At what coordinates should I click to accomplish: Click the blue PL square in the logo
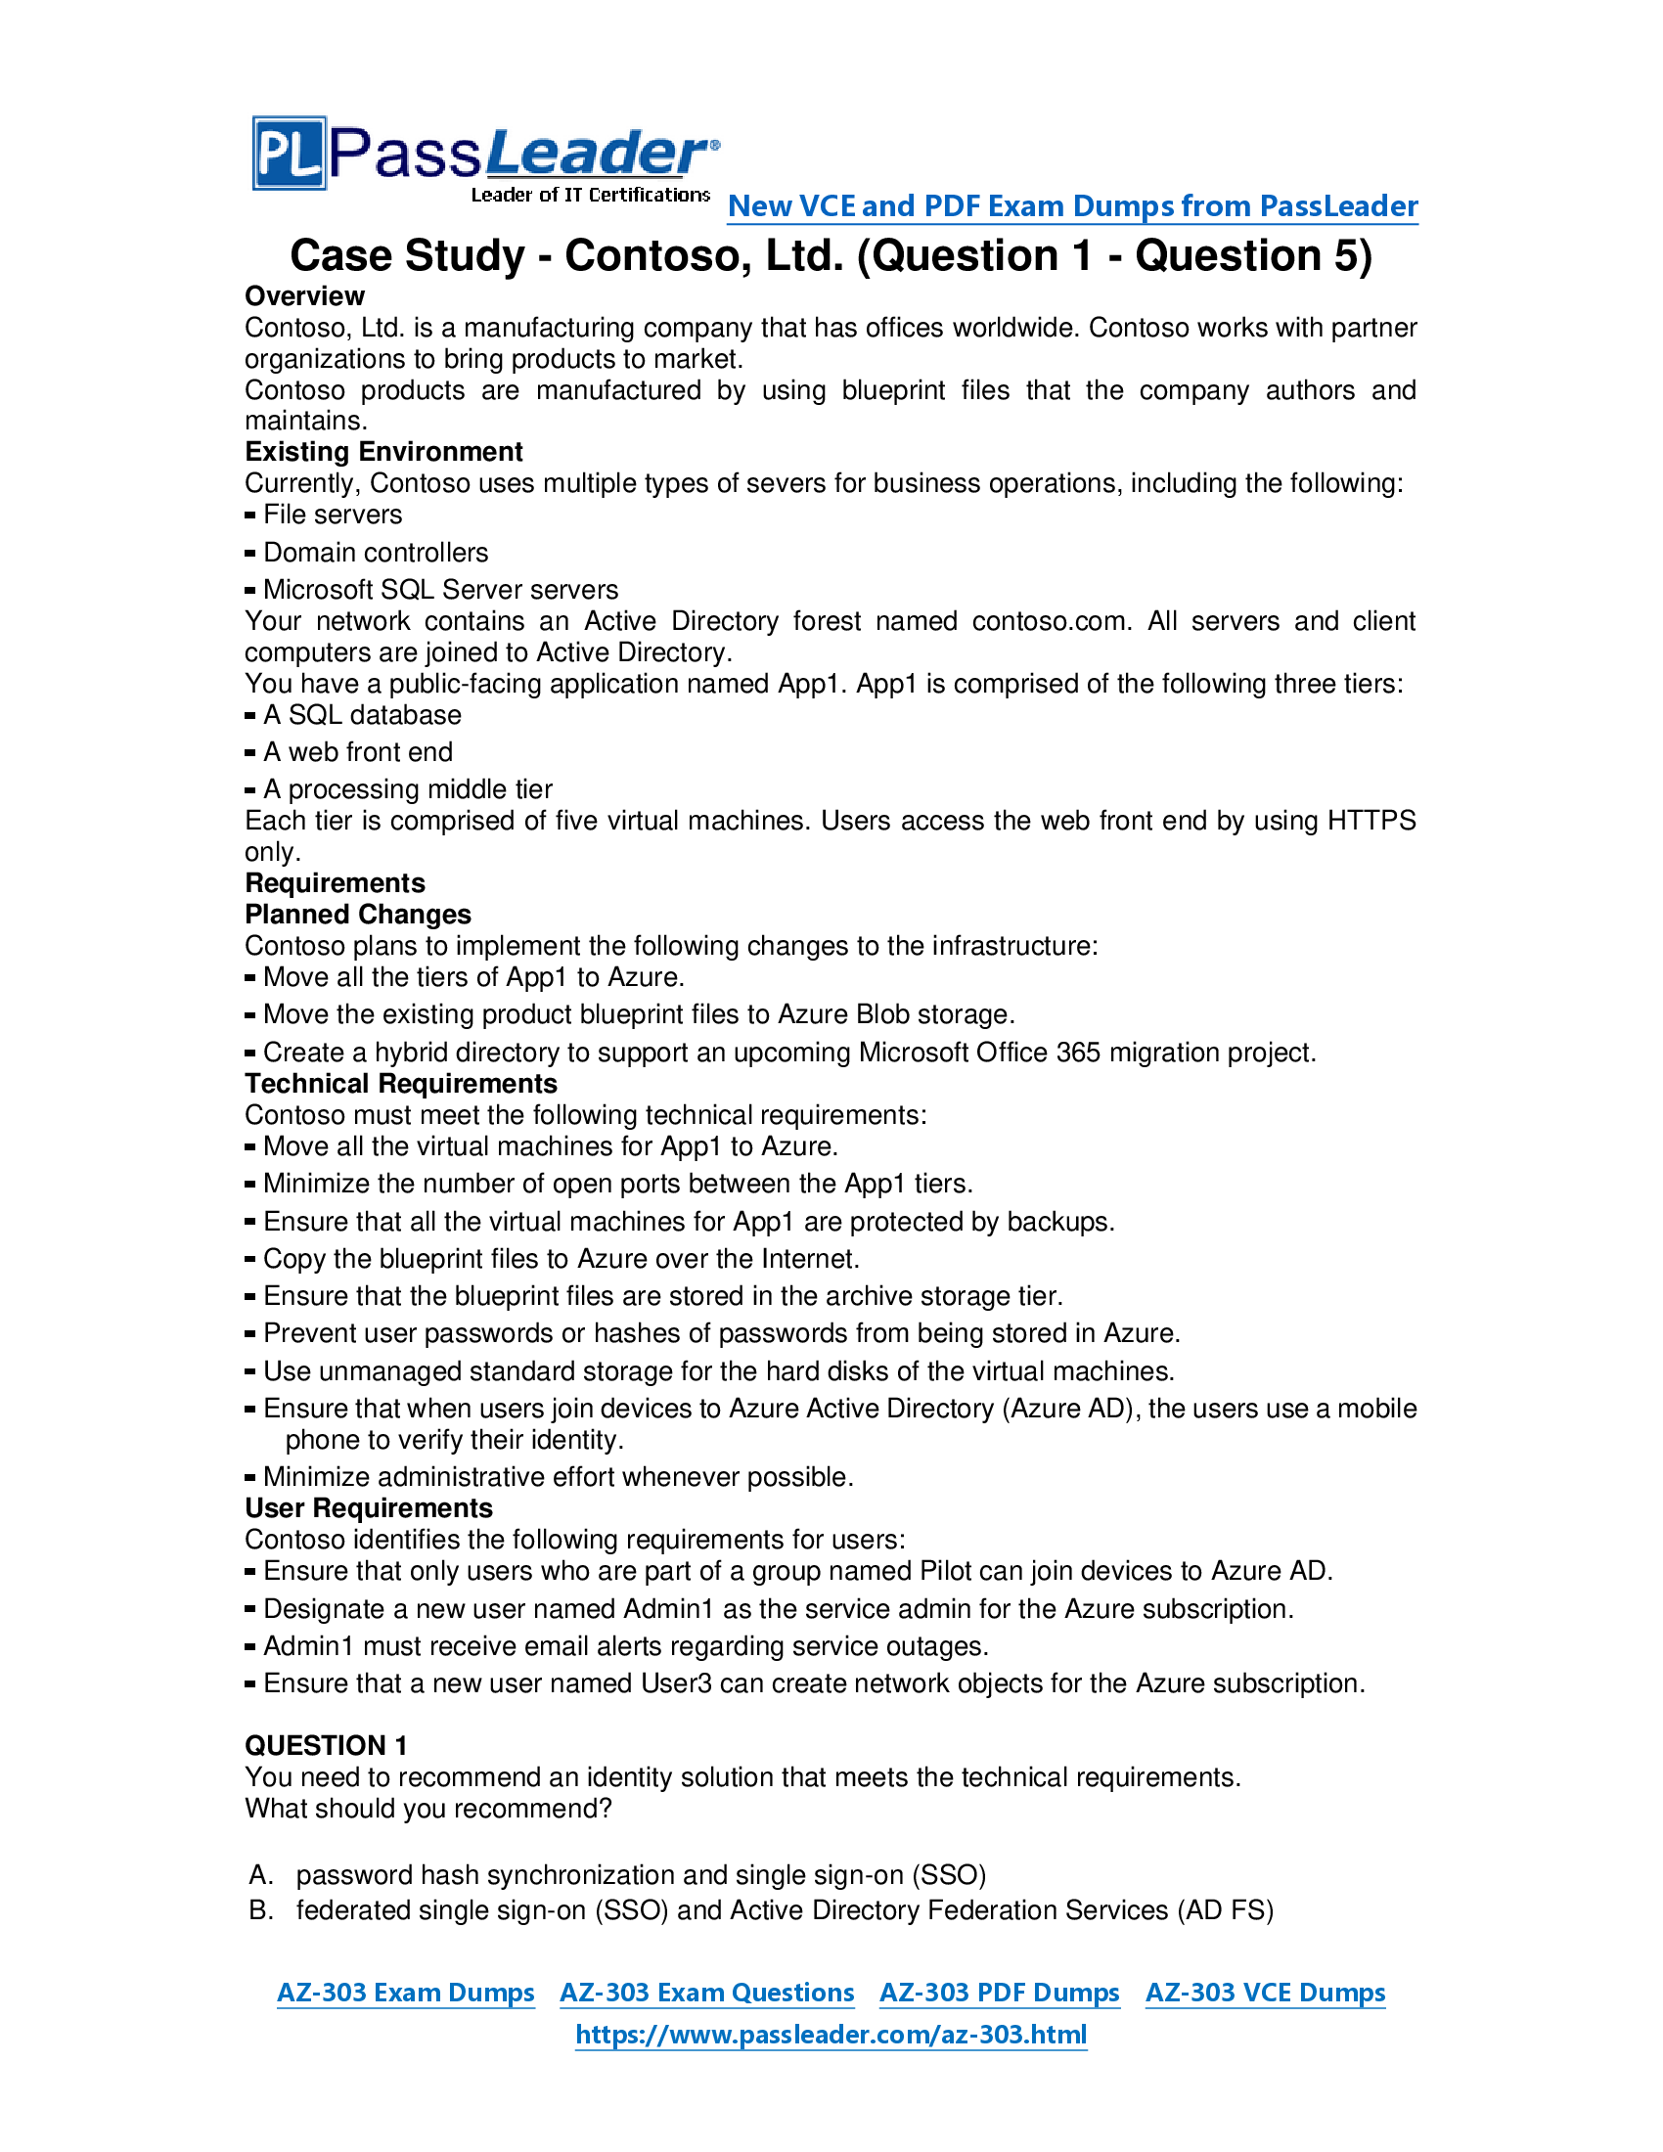[289, 154]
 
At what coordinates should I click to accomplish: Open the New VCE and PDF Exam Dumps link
[1072, 206]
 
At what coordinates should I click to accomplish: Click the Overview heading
[304, 295]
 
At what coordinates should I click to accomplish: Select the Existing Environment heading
[383, 451]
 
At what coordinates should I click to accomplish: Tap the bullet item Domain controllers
[376, 552]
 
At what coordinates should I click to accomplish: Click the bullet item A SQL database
[362, 714]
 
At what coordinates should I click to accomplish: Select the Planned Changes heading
[358, 915]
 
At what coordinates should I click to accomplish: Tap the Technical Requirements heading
[401, 1084]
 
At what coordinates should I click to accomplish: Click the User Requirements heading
[369, 1508]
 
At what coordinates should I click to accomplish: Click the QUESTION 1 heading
[326, 1745]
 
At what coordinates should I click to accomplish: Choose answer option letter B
[260, 1910]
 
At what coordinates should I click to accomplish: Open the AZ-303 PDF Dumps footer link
[999, 1993]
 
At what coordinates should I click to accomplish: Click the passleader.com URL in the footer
[831, 2034]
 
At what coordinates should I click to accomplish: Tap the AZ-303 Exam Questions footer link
[706, 1993]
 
